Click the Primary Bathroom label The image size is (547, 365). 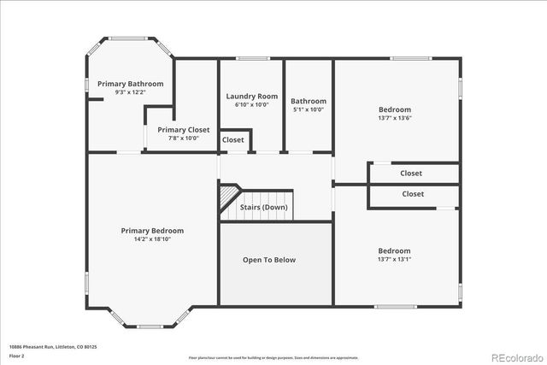130,84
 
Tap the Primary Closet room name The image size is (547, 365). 184,130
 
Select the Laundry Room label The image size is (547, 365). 251,97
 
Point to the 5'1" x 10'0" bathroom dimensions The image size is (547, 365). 309,109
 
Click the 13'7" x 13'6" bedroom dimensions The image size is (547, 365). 395,119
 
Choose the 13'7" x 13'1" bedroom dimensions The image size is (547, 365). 395,259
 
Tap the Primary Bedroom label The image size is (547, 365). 152,231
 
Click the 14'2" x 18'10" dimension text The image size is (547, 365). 152,239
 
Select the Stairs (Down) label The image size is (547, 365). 263,208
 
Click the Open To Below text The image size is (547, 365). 269,260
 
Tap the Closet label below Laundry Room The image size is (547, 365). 232,140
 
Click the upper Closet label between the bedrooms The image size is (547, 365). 411,174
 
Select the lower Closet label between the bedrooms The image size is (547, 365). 413,194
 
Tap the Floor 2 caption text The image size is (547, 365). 17,356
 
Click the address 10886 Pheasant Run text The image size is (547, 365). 53,347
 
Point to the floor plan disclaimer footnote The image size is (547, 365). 273,357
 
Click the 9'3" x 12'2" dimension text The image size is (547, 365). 130,92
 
